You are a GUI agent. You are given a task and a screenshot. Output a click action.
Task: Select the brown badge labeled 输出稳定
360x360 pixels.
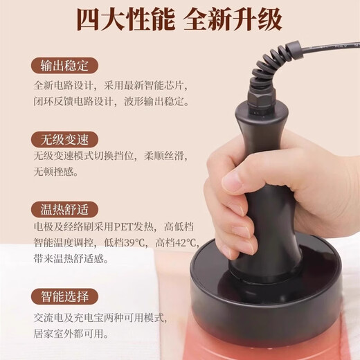pyautogui.click(x=64, y=66)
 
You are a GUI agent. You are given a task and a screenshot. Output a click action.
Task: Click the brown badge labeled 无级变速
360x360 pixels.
pyautogui.click(x=64, y=138)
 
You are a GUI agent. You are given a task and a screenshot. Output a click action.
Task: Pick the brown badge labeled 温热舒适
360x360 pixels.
pyautogui.click(x=64, y=209)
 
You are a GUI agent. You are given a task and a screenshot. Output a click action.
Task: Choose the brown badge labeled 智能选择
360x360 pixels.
pyautogui.click(x=64, y=297)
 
